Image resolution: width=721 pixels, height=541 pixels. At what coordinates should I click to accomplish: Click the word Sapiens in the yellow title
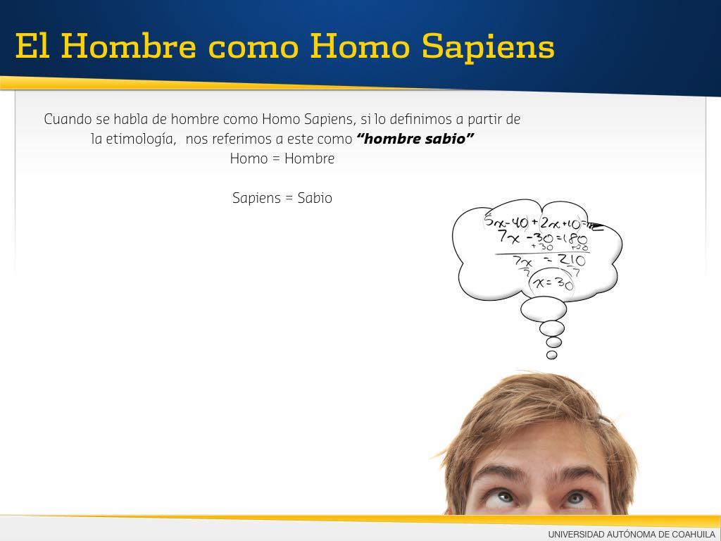pyautogui.click(x=488, y=47)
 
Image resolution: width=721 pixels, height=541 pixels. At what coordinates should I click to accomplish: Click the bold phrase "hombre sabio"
pyautogui.click(x=415, y=139)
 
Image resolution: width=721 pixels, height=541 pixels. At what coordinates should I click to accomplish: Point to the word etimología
pyautogui.click(x=140, y=139)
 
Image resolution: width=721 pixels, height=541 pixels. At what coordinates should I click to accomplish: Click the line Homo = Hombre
pyautogui.click(x=282, y=158)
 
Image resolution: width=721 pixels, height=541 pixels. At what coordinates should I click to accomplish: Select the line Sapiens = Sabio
pyautogui.click(x=282, y=198)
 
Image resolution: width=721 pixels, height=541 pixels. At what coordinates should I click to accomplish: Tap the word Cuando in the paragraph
pyautogui.click(x=68, y=119)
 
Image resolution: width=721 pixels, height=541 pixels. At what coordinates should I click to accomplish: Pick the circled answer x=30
pyautogui.click(x=553, y=282)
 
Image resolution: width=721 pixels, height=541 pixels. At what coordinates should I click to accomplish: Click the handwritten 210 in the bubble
pyautogui.click(x=572, y=261)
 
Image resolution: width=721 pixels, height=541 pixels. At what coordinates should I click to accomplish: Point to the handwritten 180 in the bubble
pyautogui.click(x=574, y=239)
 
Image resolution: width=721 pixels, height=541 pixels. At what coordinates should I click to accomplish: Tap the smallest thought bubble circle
pyautogui.click(x=552, y=355)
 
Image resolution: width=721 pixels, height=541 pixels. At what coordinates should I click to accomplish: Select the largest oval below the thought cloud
pyautogui.click(x=544, y=309)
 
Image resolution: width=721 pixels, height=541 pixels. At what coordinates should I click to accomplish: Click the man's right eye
pyautogui.click(x=504, y=497)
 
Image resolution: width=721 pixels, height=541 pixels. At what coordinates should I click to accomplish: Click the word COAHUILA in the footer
pyautogui.click(x=694, y=534)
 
